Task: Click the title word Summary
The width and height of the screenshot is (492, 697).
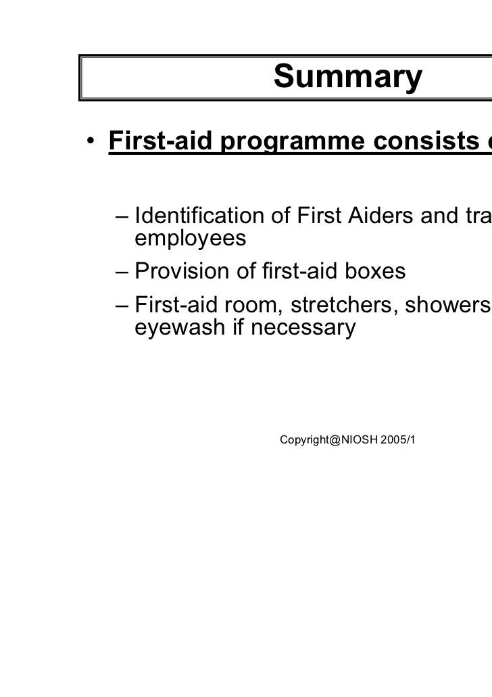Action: [347, 78]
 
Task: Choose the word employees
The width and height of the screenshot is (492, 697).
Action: [191, 239]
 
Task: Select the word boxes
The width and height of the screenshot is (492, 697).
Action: [374, 271]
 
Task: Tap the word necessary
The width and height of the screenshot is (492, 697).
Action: [303, 328]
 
